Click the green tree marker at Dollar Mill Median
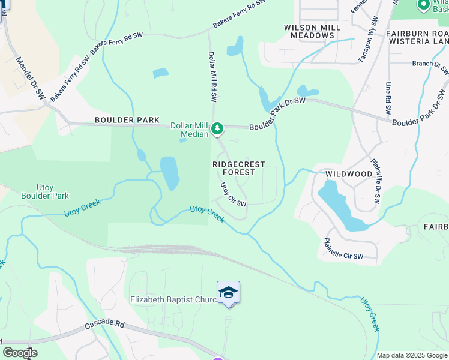pyautogui.click(x=217, y=128)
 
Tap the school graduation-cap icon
pyautogui.click(x=228, y=292)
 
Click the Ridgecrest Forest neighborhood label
pyautogui.click(x=234, y=168)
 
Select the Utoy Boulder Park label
pyautogui.click(x=45, y=191)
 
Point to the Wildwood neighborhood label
pyautogui.click(x=349, y=174)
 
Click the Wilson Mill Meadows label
pyautogui.click(x=309, y=31)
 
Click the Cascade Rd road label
pyautogui.click(x=104, y=324)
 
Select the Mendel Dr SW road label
pyautogui.click(x=30, y=79)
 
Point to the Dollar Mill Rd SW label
pyautogui.click(x=212, y=76)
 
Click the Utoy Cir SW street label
pyautogui.click(x=234, y=195)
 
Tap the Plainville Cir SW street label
pyautogui.click(x=343, y=249)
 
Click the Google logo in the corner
pyautogui.click(x=19, y=353)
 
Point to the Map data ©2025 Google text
pyautogui.click(x=411, y=355)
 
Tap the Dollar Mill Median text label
pyautogui.click(x=190, y=130)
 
